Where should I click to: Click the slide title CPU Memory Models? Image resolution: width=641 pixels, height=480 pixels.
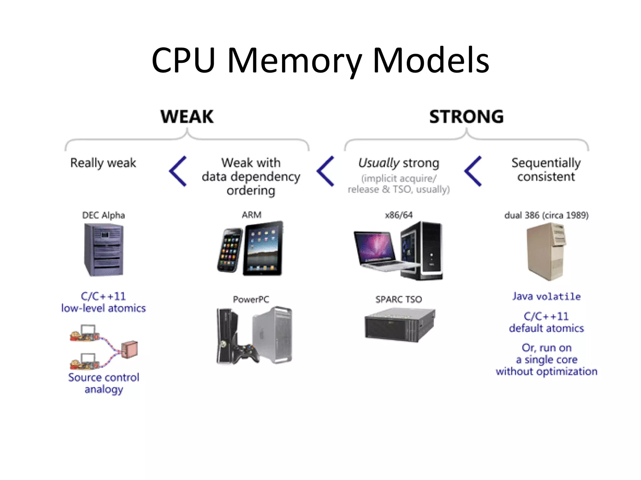[320, 60]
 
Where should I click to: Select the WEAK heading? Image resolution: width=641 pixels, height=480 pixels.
[187, 117]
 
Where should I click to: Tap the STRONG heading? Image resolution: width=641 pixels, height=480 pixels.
[466, 117]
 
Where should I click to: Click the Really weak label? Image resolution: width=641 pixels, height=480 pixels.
[103, 163]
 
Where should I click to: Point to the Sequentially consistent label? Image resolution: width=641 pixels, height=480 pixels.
[546, 170]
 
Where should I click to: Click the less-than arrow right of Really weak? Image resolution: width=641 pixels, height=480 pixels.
[178, 171]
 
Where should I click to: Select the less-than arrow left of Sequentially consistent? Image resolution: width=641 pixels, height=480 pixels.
[473, 171]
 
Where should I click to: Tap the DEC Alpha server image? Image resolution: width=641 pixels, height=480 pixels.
[104, 250]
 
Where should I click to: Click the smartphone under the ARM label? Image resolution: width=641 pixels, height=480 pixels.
[230, 250]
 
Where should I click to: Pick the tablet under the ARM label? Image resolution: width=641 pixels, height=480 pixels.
[263, 248]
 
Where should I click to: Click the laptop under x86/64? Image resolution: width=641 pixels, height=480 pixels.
[377, 250]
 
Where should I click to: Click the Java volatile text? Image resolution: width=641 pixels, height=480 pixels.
[546, 296]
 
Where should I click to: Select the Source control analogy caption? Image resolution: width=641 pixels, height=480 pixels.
[104, 383]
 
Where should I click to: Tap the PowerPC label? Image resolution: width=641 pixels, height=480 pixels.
[251, 299]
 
